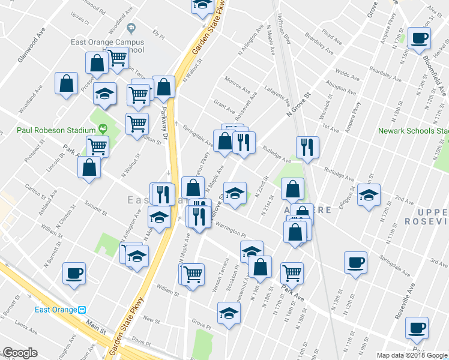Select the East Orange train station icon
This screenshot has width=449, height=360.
[x=82, y=310]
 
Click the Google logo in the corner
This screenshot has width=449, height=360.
[x=20, y=353]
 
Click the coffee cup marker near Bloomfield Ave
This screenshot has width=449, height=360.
[x=419, y=39]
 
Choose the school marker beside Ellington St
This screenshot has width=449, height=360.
[x=369, y=195]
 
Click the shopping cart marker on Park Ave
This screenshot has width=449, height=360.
[x=292, y=272]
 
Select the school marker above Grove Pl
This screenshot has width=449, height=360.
[x=228, y=313]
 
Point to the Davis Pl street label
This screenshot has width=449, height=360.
[x=142, y=340]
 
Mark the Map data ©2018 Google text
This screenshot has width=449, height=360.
[x=413, y=355]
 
